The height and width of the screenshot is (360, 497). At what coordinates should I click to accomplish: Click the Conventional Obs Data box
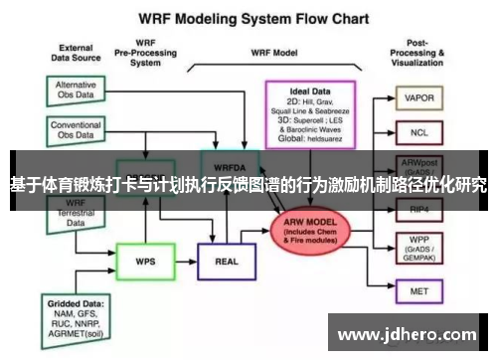(76, 130)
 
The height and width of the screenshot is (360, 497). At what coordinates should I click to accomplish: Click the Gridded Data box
(77, 315)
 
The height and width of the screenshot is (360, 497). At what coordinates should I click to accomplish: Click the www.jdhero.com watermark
(409, 333)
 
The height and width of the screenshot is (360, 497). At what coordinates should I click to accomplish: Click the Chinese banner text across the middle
(248, 184)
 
